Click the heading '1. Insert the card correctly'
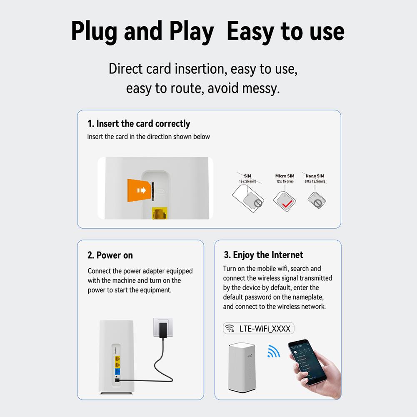[x=138, y=124]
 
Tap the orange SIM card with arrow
[x=139, y=190]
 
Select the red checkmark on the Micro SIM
[x=285, y=203]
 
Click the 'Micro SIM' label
[x=285, y=176]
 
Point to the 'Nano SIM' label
[x=315, y=176]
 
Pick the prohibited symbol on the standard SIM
[x=258, y=204]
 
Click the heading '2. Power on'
[x=110, y=255]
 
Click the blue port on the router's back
[x=118, y=371]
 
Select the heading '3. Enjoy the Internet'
[x=263, y=255]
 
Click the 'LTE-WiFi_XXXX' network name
[x=265, y=328]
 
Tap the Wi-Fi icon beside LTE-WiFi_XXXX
[x=230, y=328]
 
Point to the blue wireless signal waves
[x=273, y=352]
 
